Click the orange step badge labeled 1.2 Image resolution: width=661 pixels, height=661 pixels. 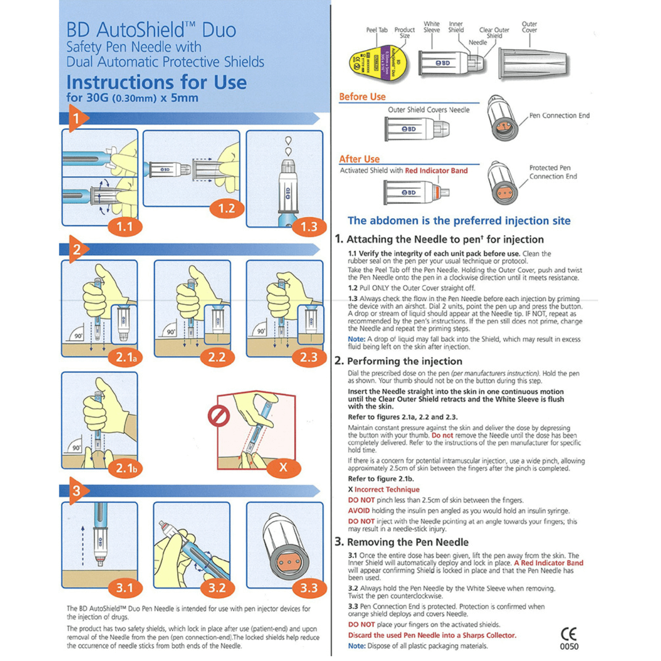(x=227, y=208)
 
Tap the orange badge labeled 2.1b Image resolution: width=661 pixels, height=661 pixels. (x=126, y=468)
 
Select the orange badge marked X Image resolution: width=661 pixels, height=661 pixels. (x=283, y=467)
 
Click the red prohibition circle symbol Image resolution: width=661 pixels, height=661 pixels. (x=219, y=416)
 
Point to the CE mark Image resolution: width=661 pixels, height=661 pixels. (x=568, y=634)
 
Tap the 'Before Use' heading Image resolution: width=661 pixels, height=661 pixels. (x=362, y=97)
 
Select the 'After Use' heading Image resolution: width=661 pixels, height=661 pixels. (x=359, y=159)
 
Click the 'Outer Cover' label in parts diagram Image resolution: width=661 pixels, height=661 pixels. (x=529, y=27)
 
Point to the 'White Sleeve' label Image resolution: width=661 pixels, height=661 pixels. (x=432, y=27)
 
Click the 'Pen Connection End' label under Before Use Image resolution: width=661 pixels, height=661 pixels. (x=559, y=116)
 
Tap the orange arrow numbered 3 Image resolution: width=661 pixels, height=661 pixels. (x=77, y=491)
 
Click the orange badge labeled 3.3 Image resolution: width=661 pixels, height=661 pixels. (x=309, y=588)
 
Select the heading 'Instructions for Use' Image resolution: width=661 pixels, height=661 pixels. (x=156, y=82)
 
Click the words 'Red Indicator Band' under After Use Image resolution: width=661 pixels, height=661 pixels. (x=436, y=171)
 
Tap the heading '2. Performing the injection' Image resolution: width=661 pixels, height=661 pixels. (x=398, y=361)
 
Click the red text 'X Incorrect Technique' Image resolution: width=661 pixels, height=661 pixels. (x=384, y=490)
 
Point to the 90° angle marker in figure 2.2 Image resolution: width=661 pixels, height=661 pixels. (x=170, y=332)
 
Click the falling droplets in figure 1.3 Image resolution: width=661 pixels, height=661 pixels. (x=288, y=146)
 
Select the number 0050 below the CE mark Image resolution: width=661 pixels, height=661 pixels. (x=569, y=647)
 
